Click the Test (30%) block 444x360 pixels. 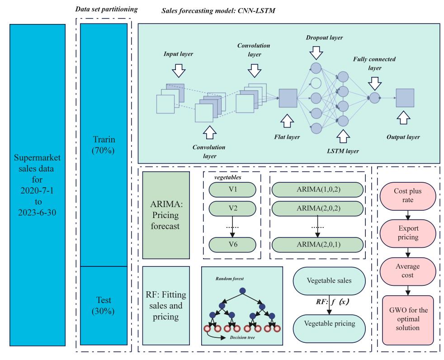click(x=104, y=306)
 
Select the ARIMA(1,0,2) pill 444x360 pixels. click(x=317, y=189)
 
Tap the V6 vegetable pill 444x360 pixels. click(x=232, y=245)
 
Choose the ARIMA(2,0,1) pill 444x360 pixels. click(x=317, y=245)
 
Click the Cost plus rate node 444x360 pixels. click(x=408, y=196)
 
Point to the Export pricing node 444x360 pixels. click(x=408, y=233)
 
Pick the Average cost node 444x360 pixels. click(x=408, y=271)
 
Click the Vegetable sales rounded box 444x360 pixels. click(x=329, y=281)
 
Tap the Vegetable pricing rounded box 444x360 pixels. click(x=329, y=328)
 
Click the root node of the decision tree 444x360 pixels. click(x=242, y=291)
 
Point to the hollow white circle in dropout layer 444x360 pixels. click(x=316, y=83)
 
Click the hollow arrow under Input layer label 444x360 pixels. click(x=179, y=71)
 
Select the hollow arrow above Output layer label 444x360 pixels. click(x=403, y=117)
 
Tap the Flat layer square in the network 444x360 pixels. click(x=288, y=98)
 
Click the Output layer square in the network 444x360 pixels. click(x=405, y=98)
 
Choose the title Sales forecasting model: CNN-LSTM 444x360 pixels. click(x=218, y=11)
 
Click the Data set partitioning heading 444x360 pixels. click(x=106, y=9)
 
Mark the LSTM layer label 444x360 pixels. click(x=343, y=151)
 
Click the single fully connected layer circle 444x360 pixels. click(x=374, y=98)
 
